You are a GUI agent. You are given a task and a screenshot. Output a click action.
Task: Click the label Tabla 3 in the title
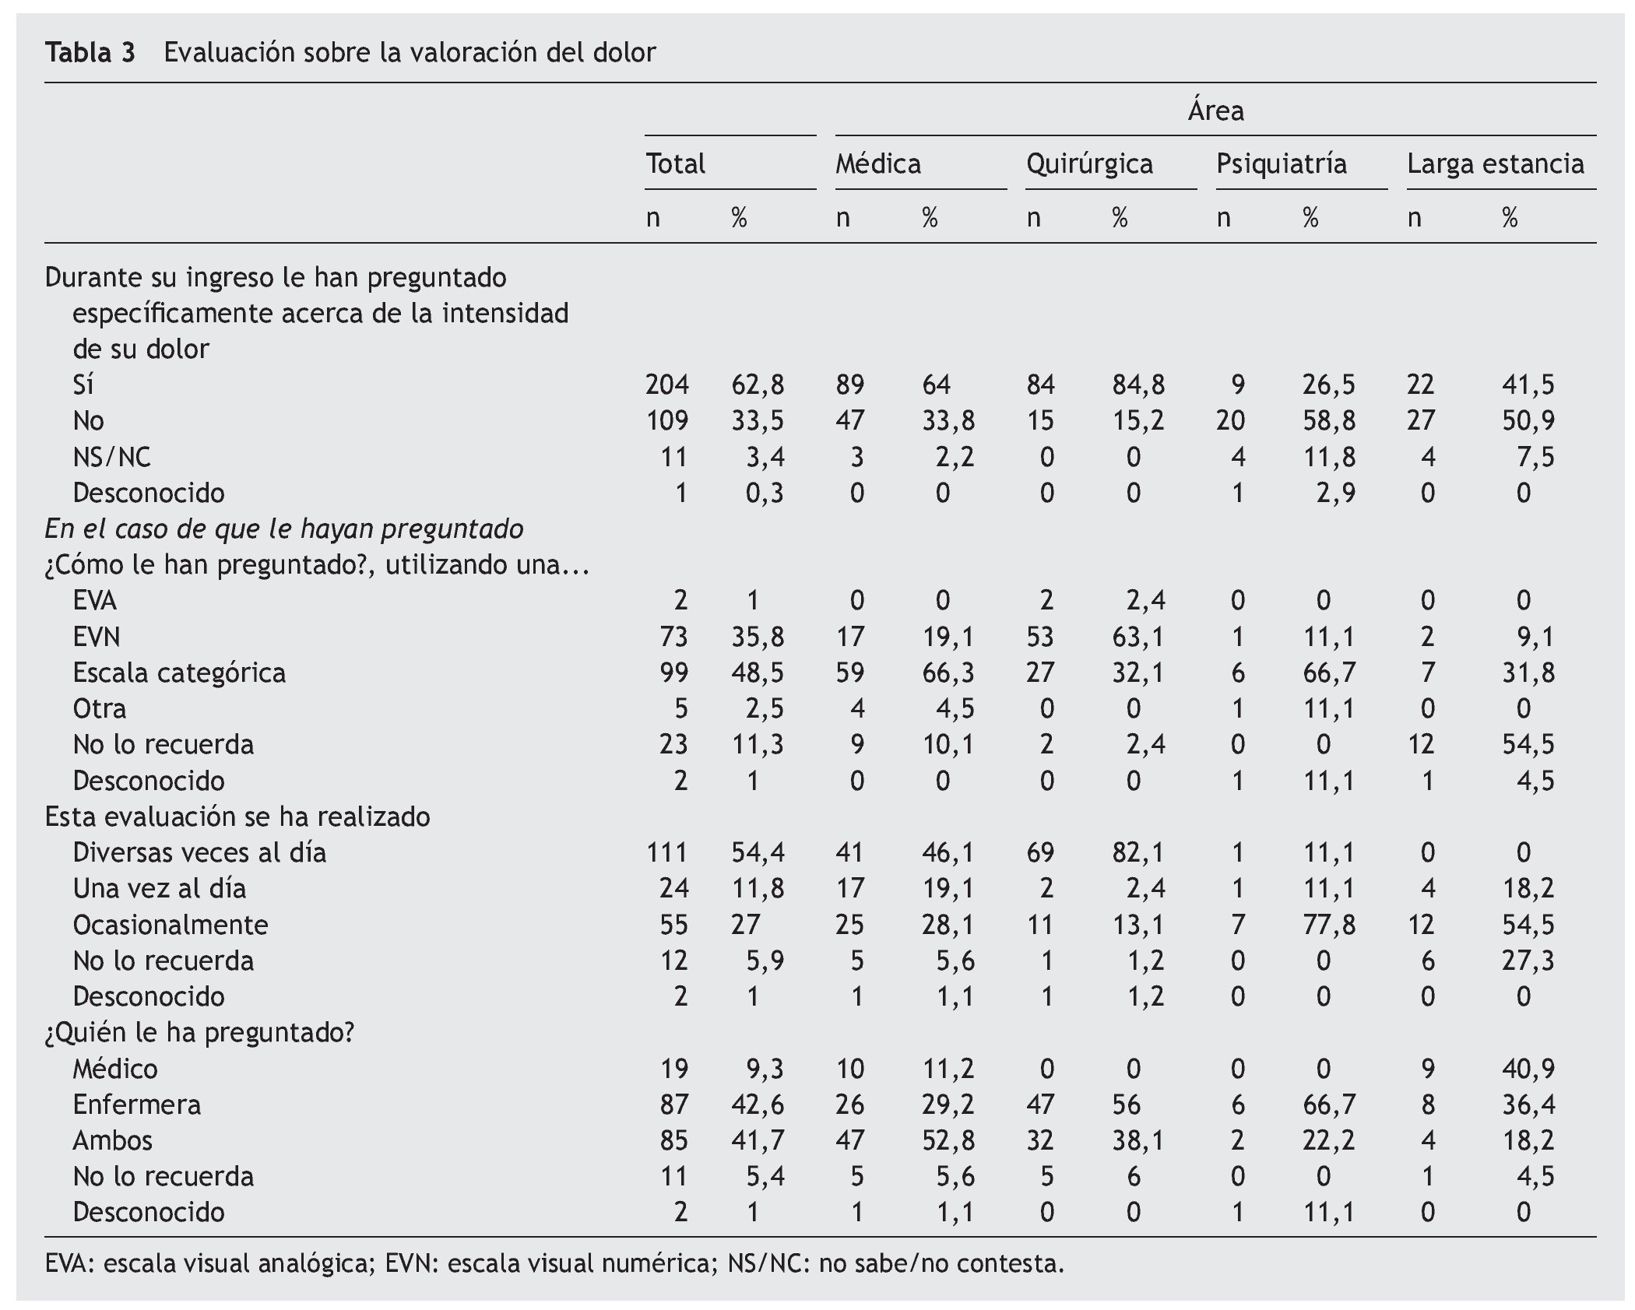[90, 53]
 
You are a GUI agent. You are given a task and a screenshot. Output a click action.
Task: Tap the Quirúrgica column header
[1088, 164]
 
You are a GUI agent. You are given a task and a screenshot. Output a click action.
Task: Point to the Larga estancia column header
[1495, 164]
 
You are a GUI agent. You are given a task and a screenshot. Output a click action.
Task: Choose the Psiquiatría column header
[1281, 164]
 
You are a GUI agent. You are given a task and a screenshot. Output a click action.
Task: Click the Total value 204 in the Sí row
[666, 385]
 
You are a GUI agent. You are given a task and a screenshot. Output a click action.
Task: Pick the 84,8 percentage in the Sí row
[1137, 385]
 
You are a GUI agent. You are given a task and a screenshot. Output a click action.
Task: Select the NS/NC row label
[111, 457]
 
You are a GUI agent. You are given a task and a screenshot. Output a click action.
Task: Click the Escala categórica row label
[179, 673]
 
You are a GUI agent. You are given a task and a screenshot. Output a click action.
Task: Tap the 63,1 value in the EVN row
[1137, 637]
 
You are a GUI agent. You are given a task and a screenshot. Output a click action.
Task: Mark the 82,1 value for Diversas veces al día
[1137, 852]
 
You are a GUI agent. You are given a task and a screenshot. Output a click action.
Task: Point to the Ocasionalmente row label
[170, 925]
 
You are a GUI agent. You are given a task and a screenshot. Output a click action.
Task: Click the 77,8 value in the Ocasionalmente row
[1328, 925]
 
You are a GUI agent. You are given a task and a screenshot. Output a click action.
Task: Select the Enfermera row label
[136, 1105]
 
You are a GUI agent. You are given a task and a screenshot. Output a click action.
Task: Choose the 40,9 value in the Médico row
[1528, 1069]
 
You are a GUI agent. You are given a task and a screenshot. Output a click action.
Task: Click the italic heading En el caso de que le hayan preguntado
[284, 529]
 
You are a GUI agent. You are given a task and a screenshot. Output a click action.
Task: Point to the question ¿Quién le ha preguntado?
[199, 1033]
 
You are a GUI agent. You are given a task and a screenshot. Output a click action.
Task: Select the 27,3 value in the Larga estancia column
[1528, 961]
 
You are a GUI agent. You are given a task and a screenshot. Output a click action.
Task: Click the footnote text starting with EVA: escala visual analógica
[554, 1263]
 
